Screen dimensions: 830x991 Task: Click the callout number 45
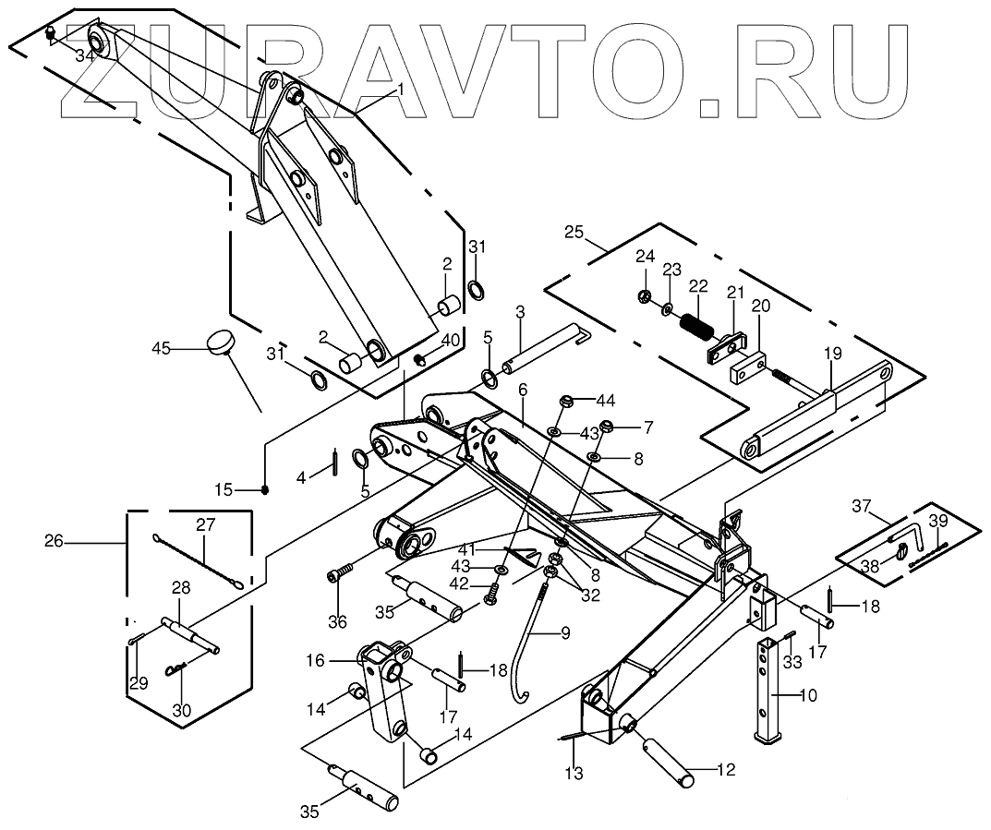tap(162, 348)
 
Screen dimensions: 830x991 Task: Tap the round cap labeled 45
tap(221, 343)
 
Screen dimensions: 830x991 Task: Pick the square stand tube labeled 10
tap(769, 688)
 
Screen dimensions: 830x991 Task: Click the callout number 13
tap(574, 774)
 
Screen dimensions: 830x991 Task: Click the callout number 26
tap(54, 541)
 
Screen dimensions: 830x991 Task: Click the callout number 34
tap(85, 56)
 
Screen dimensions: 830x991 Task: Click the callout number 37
tap(862, 505)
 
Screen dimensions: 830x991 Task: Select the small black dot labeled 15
tap(265, 489)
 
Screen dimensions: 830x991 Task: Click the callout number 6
tap(523, 391)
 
